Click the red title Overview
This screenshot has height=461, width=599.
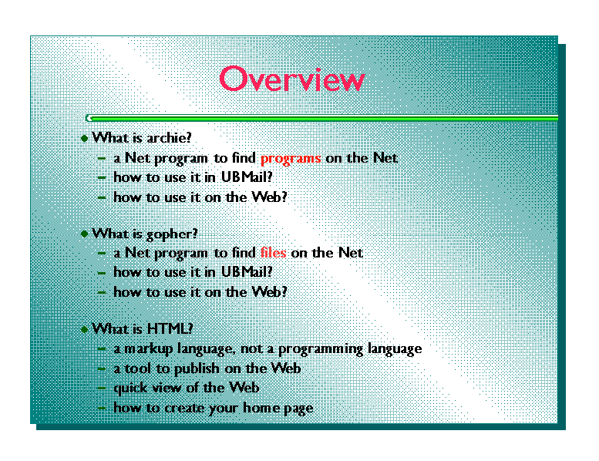(292, 79)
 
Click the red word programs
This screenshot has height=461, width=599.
(291, 159)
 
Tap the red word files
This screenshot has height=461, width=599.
(273, 252)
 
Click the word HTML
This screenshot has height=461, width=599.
(170, 328)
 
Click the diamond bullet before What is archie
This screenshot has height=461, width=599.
(85, 138)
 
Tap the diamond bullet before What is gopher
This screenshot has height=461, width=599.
(85, 234)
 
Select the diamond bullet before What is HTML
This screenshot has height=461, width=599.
(85, 329)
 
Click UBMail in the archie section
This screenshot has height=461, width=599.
(247, 177)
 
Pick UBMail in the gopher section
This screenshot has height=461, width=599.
(247, 272)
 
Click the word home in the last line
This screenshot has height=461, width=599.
(261, 408)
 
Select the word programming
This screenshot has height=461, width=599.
(321, 349)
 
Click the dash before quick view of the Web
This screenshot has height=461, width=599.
(102, 388)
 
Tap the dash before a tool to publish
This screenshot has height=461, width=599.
(102, 368)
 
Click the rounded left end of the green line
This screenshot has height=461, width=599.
(89, 118)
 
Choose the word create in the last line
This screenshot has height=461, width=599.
(186, 408)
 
